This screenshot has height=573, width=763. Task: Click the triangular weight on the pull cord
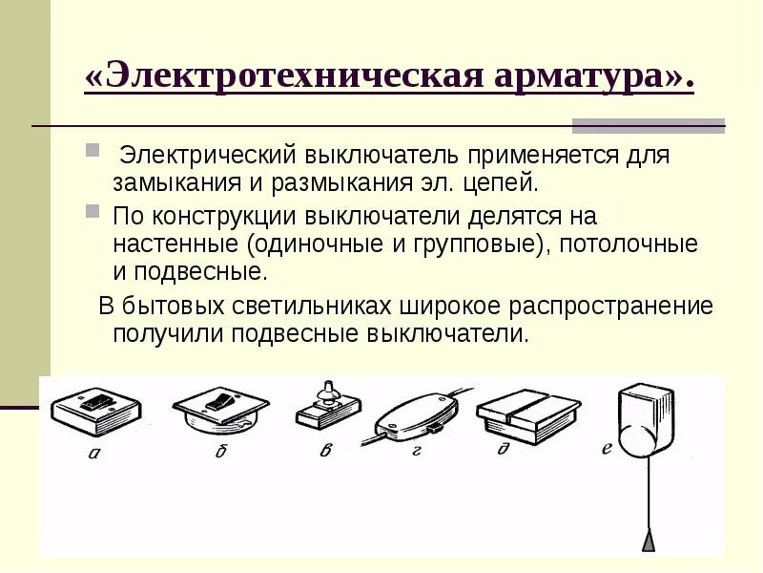649,541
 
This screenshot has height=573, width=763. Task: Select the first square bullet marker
93,150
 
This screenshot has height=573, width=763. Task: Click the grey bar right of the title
648,124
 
